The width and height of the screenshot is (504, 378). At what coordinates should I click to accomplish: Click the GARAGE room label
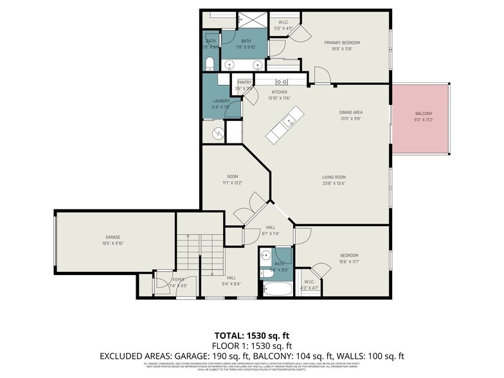click(x=113, y=237)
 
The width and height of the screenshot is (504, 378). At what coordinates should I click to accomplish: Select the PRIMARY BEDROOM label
click(x=346, y=42)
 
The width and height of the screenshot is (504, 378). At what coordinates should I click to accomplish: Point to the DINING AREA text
click(x=351, y=112)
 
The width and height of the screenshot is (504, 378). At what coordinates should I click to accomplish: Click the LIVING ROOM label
click(x=334, y=177)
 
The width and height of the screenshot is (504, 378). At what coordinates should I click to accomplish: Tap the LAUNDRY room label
click(x=221, y=101)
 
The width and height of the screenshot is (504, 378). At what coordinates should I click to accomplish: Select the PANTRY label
click(x=244, y=82)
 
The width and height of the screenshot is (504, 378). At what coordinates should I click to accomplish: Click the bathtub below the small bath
click(x=276, y=287)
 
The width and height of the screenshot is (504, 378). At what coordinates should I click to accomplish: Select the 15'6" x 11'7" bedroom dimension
click(x=349, y=261)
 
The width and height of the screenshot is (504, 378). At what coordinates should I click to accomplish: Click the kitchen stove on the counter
click(x=282, y=82)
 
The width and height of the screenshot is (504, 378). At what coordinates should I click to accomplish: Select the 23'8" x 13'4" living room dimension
click(x=334, y=183)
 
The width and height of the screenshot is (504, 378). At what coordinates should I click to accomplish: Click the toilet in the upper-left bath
click(x=210, y=64)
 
